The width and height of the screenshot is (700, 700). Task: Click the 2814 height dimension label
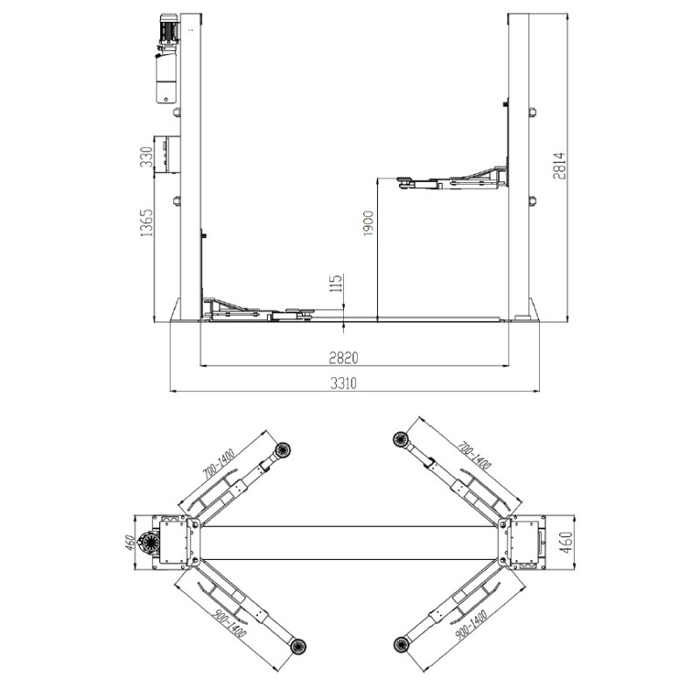coord(559,165)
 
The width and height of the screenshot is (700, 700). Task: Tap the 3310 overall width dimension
coord(343,383)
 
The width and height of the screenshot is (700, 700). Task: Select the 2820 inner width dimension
coord(343,358)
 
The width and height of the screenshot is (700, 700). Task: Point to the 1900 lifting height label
coord(368,223)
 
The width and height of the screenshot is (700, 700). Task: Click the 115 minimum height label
coord(336,283)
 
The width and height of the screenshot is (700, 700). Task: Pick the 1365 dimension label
coord(146,222)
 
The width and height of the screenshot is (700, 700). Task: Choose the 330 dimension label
coord(146,157)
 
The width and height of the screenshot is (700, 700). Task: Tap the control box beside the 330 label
coord(167,155)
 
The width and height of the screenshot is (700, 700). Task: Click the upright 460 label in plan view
coord(566,542)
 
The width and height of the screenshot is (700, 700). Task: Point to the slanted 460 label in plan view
coord(129,542)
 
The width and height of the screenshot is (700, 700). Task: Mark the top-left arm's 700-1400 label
coord(219,465)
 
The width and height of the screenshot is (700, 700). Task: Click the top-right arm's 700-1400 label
coord(474,455)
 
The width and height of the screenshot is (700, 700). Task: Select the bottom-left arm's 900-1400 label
coord(230,623)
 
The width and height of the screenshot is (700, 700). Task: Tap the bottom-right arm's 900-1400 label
coord(471,625)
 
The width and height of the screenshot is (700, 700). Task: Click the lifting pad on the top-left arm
coord(283,450)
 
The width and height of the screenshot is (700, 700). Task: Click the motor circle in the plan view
coord(148,543)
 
